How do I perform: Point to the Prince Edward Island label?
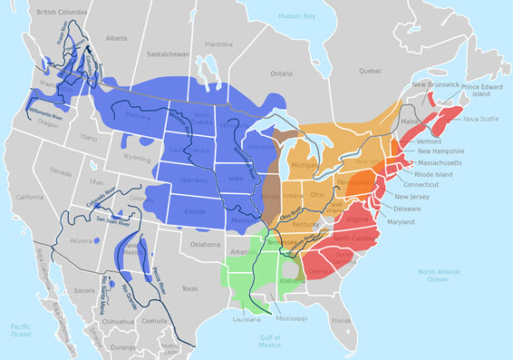tap(483, 92)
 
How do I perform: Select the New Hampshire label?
tap(443, 151)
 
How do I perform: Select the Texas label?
tap(189, 288)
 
